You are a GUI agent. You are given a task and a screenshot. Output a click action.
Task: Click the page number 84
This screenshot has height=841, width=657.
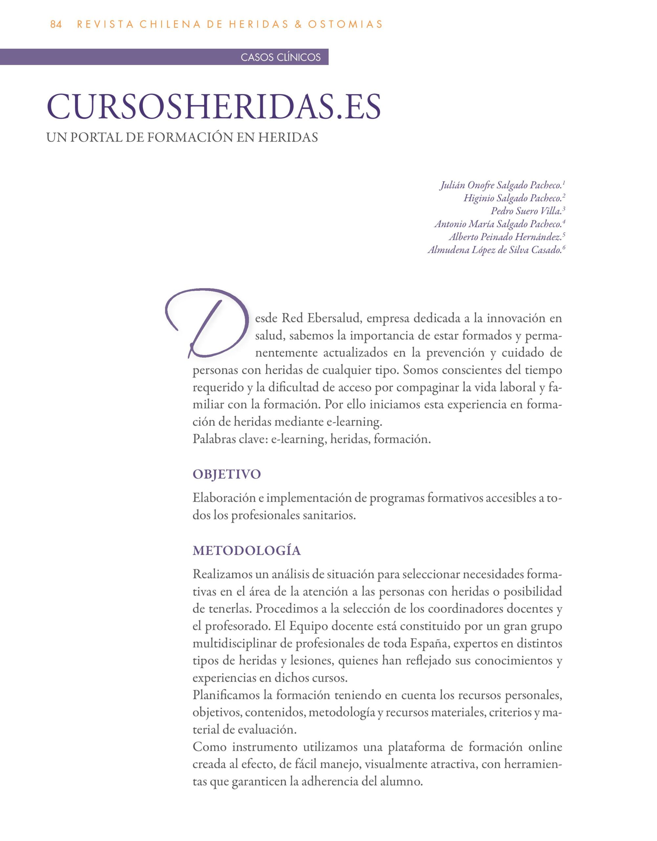click(x=56, y=24)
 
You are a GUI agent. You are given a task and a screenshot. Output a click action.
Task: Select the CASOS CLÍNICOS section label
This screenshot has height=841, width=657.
click(x=281, y=57)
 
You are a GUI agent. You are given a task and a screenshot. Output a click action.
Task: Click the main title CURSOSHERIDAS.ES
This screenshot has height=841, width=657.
click(x=214, y=106)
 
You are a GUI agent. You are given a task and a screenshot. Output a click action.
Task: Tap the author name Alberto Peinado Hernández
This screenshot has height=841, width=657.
click(x=505, y=237)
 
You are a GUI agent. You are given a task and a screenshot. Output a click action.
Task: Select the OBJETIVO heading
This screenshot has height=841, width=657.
click(x=227, y=474)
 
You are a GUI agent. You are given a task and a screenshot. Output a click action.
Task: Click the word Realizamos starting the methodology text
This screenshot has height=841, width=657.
click(x=222, y=575)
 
